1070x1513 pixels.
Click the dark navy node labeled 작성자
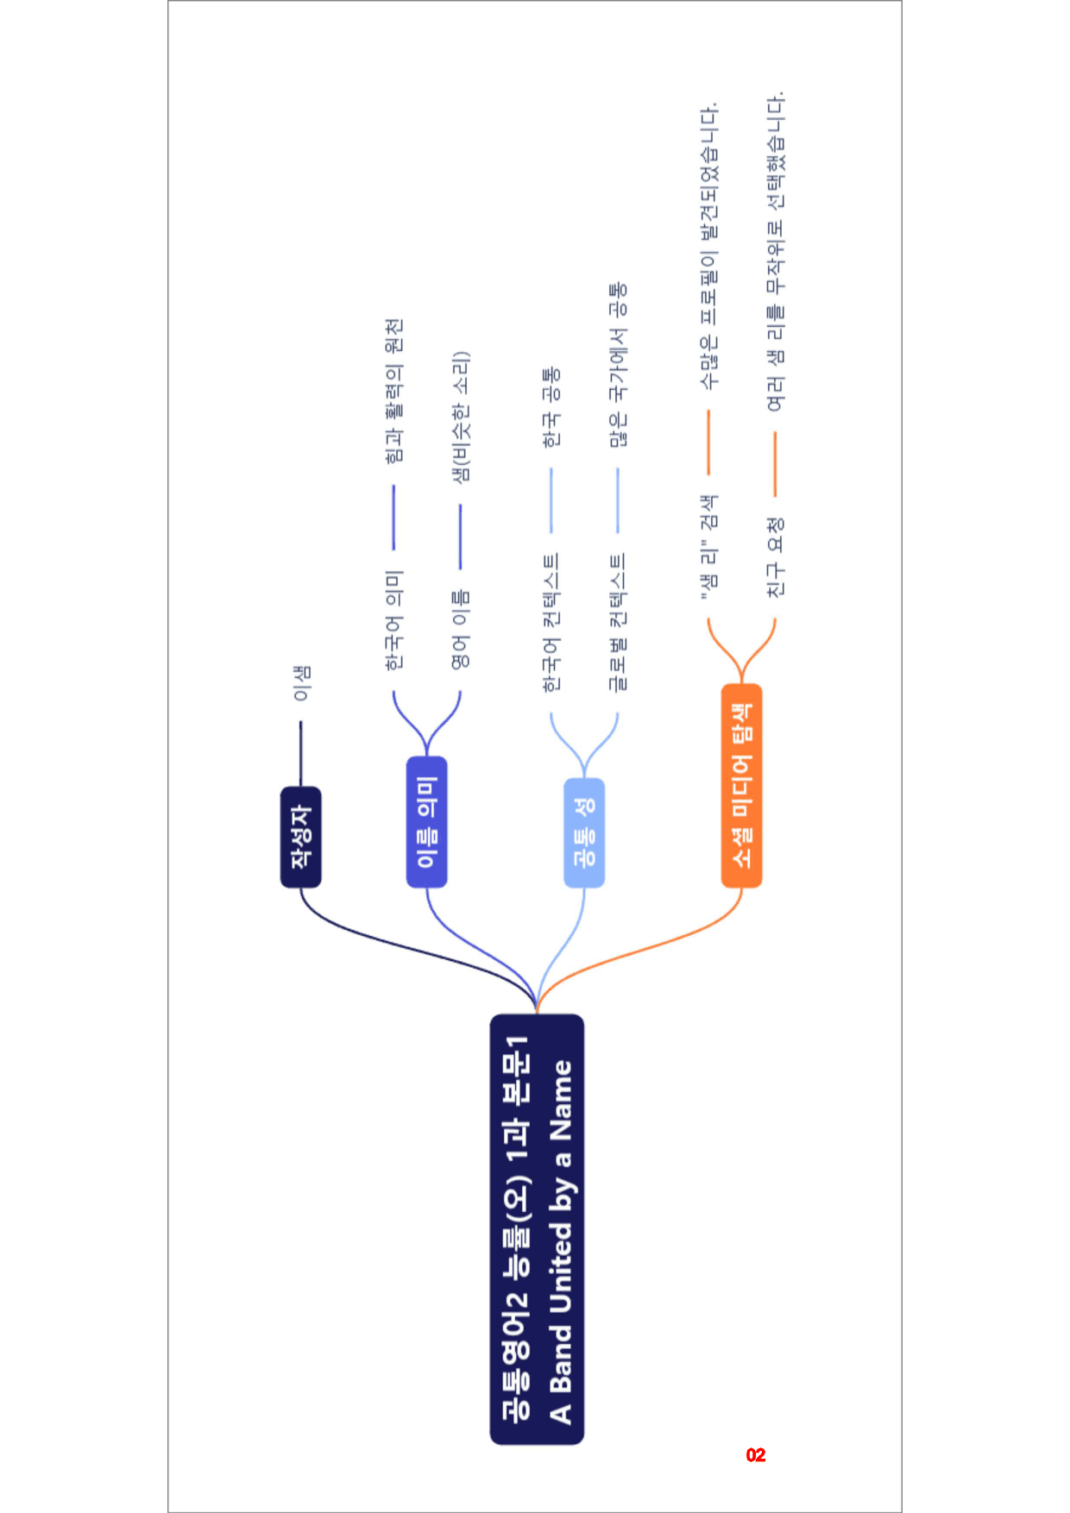(300, 837)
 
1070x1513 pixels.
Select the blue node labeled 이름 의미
(426, 821)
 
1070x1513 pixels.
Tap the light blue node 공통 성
(584, 832)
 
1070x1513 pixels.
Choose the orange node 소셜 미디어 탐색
(741, 785)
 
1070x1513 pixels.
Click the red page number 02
(756, 1455)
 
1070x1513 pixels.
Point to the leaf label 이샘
(301, 683)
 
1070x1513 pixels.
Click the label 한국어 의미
(393, 620)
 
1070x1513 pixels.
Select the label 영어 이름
(461, 629)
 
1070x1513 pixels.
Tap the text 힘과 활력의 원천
(393, 390)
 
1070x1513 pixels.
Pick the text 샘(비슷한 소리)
(461, 417)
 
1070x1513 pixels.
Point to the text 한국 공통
(551, 406)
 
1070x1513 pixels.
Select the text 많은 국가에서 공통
(618, 365)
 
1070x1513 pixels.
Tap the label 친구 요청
(775, 557)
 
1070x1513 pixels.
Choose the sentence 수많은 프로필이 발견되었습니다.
(708, 246)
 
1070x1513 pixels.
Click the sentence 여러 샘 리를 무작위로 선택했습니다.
(775, 250)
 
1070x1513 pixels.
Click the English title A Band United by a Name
(561, 1241)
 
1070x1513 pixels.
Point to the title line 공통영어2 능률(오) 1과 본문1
(516, 1228)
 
